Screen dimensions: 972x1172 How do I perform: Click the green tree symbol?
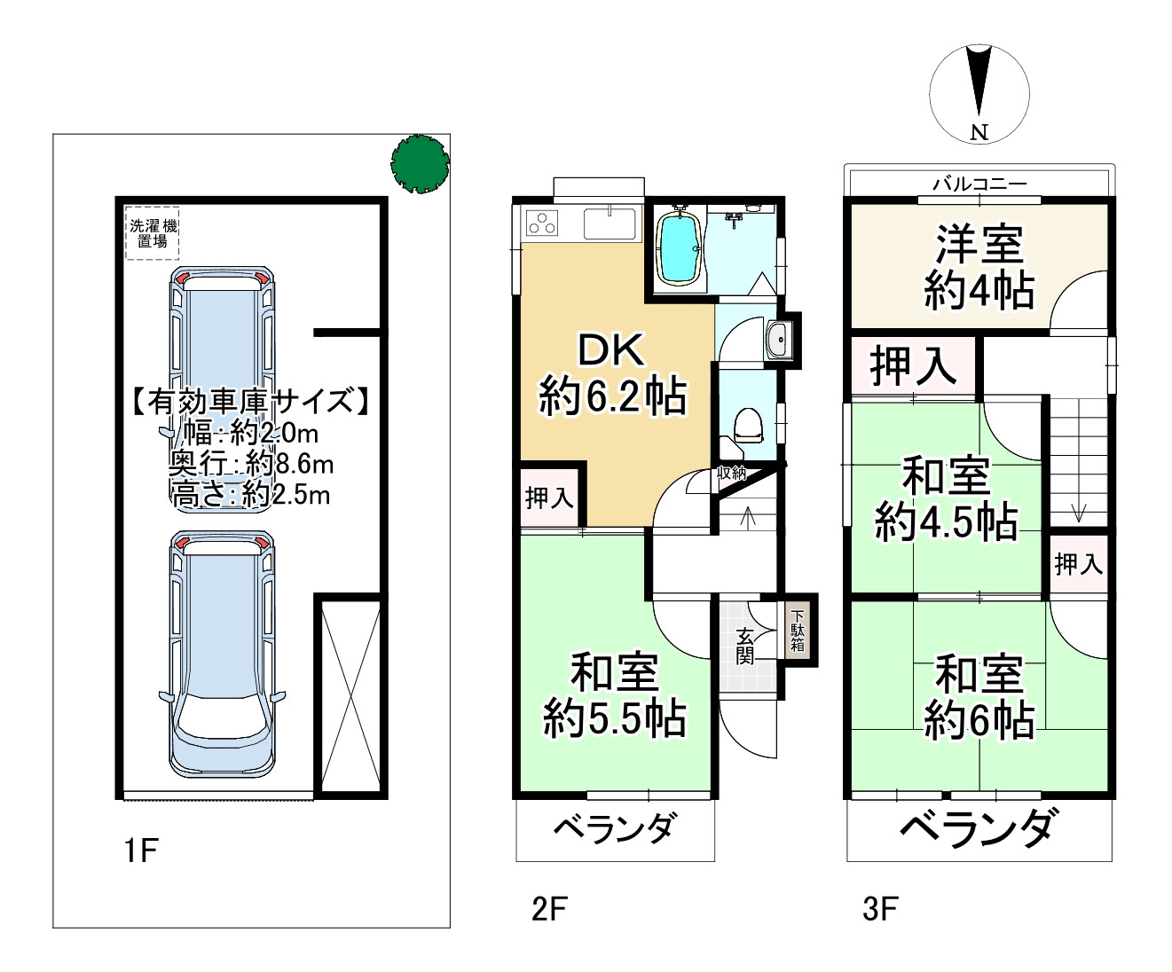tap(420, 163)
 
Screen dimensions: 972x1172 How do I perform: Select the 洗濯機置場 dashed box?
tap(153, 233)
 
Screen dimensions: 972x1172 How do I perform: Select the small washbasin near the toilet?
tap(778, 339)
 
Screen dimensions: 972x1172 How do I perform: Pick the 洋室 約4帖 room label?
tap(979, 267)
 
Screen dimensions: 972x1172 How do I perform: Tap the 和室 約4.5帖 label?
tap(946, 500)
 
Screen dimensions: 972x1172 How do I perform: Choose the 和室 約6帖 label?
tap(979, 698)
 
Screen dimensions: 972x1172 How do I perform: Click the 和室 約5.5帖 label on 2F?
tap(613, 695)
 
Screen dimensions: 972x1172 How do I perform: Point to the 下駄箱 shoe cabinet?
tap(798, 631)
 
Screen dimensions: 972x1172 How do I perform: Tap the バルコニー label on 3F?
tap(979, 184)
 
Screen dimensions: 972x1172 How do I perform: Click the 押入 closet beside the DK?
tap(549, 498)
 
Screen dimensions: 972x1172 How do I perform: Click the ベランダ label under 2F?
tap(614, 830)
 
